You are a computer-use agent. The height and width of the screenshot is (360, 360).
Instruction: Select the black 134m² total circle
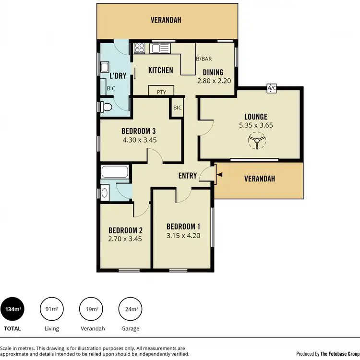pos(12,309)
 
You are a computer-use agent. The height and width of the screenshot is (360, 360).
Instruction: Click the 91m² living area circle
pos(51,309)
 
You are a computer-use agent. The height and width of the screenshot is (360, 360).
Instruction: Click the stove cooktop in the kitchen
pos(140,48)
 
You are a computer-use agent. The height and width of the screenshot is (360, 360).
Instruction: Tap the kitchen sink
pos(158,48)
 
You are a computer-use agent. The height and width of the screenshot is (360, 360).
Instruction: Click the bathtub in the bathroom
pos(115,172)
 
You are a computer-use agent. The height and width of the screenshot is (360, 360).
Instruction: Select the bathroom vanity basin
pos(105,193)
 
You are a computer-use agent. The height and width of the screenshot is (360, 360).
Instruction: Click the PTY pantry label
pos(161,91)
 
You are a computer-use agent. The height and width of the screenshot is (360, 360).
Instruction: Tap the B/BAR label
pos(204,59)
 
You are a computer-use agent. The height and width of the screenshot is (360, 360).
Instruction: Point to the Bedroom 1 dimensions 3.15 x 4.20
pos(183,235)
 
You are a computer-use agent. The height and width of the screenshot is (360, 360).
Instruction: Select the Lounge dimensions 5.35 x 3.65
pos(255,125)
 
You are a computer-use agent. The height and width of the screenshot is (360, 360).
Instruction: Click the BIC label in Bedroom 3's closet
pos(177,108)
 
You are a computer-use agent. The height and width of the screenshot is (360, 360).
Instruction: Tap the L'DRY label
pos(118,76)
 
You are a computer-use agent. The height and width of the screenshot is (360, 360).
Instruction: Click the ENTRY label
pos(187,176)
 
